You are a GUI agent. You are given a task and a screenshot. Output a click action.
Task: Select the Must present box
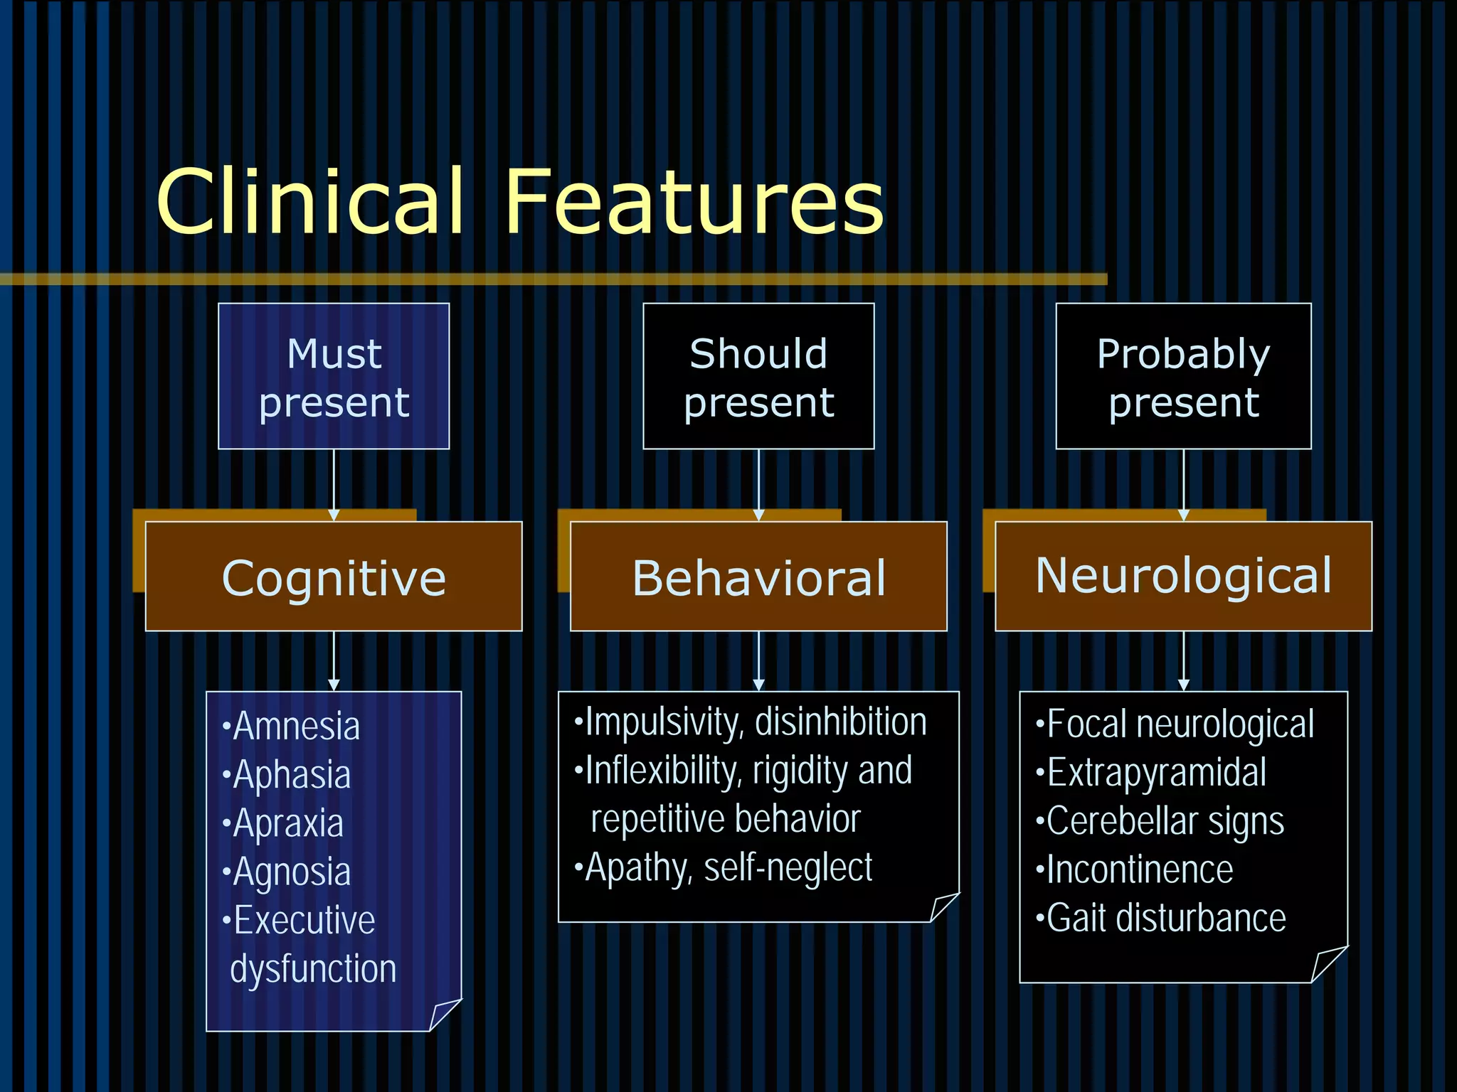tap(334, 376)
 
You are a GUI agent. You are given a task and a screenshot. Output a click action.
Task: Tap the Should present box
tap(758, 376)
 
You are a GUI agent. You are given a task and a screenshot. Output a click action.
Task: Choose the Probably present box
tap(1183, 376)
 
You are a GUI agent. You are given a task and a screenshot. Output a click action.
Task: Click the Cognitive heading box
tap(334, 577)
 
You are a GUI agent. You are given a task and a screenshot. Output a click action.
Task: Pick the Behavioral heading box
tap(758, 577)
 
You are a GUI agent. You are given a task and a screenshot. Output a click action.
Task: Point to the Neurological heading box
tap(1183, 576)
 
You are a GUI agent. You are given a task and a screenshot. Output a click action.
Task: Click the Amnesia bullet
tap(296, 727)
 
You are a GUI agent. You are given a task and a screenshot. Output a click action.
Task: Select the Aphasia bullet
tap(292, 775)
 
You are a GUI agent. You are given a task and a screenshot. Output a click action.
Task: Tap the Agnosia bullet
tap(292, 872)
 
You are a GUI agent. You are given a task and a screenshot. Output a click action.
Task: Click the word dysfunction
tap(313, 969)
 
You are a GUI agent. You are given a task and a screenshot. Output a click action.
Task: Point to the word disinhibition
tap(841, 722)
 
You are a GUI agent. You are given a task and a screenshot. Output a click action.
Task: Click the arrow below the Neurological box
tap(1183, 661)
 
